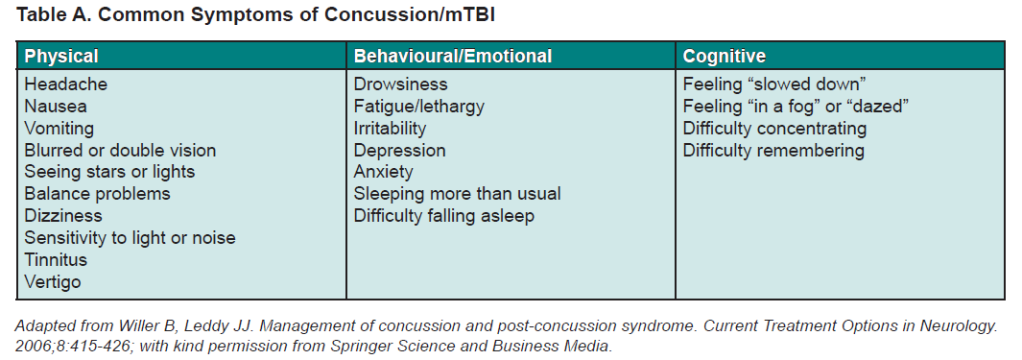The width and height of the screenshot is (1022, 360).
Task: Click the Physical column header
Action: [61, 56]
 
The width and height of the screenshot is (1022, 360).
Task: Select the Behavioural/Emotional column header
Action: [453, 56]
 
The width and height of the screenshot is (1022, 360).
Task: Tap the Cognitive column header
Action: [725, 56]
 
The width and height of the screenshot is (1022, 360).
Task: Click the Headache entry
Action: [66, 84]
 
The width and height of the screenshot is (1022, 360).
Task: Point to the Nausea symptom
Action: [56, 107]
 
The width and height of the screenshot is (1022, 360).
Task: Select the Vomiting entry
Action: [59, 129]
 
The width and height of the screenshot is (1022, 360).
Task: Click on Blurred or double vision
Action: [120, 151]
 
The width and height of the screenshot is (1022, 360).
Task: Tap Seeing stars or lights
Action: [109, 172]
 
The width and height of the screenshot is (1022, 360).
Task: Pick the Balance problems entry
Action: [97, 194]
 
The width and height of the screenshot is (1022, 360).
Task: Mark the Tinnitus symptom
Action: [56, 259]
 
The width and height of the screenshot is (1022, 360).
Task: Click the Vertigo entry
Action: [53, 281]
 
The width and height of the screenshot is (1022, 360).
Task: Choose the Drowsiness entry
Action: [401, 84]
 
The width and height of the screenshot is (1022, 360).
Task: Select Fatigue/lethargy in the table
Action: [419, 107]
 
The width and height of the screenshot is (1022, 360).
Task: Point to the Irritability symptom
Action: [390, 129]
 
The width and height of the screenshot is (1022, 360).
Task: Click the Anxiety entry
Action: [383, 172]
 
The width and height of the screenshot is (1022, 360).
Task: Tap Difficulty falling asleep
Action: [444, 216]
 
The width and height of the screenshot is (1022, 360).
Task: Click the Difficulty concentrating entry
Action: [775, 129]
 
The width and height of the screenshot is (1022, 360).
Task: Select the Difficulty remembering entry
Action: [773, 151]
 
